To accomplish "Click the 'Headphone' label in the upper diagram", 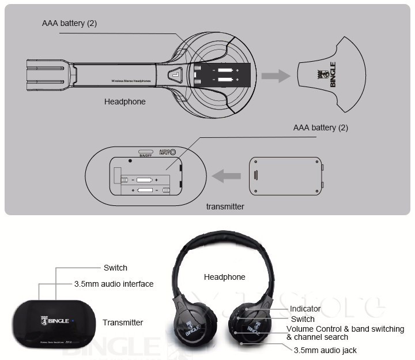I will pyautogui.click(x=124, y=102).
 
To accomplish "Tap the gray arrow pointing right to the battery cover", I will pyautogui.click(x=275, y=76).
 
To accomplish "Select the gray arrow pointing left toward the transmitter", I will pyautogui.click(x=227, y=175).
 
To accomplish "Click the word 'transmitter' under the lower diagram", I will pyautogui.click(x=225, y=207).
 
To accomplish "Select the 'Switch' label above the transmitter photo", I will pyautogui.click(x=115, y=268).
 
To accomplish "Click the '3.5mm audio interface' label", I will pyautogui.click(x=114, y=284).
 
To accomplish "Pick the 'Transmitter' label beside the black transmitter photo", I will pyautogui.click(x=123, y=322).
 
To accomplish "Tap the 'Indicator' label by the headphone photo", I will pyautogui.click(x=305, y=309).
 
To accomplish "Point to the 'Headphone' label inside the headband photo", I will pyautogui.click(x=224, y=277).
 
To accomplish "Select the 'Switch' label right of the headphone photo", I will pyautogui.click(x=303, y=319).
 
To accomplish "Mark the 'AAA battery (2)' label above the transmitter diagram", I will pyautogui.click(x=320, y=127).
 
